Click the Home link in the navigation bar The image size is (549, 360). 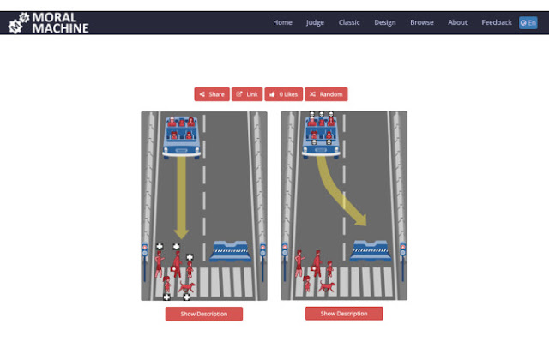pyautogui.click(x=282, y=22)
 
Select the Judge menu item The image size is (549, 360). pyautogui.click(x=315, y=23)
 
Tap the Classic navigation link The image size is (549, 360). pyautogui.click(x=349, y=22)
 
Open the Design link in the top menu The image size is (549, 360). pyautogui.click(x=385, y=23)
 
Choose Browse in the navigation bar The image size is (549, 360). pyautogui.click(x=421, y=22)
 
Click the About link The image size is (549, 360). pyautogui.click(x=457, y=22)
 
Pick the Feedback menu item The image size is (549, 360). pyautogui.click(x=497, y=22)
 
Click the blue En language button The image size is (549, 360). pyautogui.click(x=528, y=23)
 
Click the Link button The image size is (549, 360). pyautogui.click(x=247, y=94)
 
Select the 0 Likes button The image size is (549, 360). pyautogui.click(x=284, y=94)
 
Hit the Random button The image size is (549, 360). pyautogui.click(x=326, y=94)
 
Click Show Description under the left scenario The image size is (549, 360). pyautogui.click(x=204, y=314)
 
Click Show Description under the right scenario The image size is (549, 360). pyautogui.click(x=344, y=314)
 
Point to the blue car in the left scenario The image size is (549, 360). pyautogui.click(x=181, y=137)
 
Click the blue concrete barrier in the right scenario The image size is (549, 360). pyautogui.click(x=371, y=251)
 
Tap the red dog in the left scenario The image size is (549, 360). pyautogui.click(x=187, y=287)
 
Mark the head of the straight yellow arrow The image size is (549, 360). pyautogui.click(x=181, y=234)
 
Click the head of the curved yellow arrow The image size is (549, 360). pyautogui.click(x=361, y=219)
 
